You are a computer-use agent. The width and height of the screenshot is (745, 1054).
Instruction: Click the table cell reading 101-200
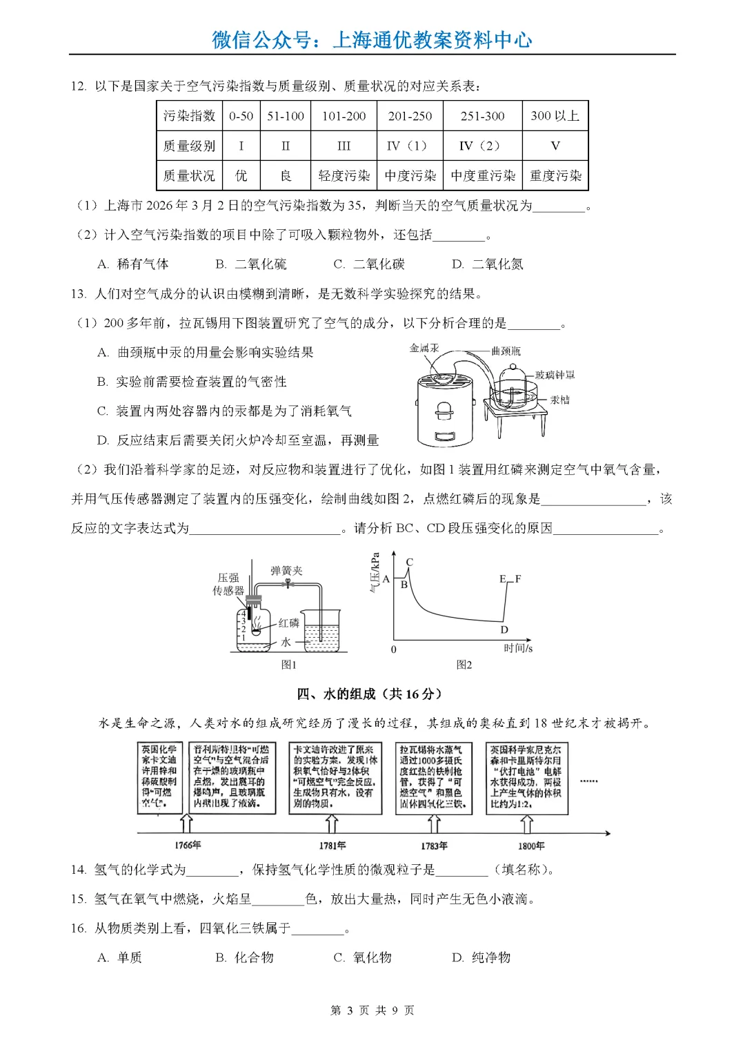click(344, 116)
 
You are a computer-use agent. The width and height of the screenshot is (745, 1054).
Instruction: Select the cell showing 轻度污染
click(344, 176)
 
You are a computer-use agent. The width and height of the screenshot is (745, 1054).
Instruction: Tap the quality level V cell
click(555, 146)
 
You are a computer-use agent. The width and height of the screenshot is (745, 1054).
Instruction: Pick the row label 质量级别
click(189, 146)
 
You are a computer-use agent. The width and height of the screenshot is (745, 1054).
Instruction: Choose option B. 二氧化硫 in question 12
click(251, 264)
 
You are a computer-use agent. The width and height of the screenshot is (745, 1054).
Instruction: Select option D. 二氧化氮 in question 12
click(488, 264)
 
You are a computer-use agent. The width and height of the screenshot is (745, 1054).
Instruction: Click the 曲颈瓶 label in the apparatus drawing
click(506, 351)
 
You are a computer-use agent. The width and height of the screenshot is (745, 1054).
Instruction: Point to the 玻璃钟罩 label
click(555, 375)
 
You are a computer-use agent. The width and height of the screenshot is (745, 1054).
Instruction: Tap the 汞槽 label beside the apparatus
click(559, 400)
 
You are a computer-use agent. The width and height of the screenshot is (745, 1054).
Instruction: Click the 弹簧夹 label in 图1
click(286, 571)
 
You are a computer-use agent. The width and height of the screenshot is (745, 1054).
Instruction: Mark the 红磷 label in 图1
click(289, 623)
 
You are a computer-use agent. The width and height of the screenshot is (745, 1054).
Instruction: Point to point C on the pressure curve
click(409, 562)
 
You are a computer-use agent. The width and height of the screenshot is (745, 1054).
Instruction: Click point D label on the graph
click(504, 630)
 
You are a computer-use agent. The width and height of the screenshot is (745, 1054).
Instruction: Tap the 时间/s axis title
click(518, 648)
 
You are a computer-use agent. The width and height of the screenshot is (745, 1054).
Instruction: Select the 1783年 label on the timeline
click(434, 846)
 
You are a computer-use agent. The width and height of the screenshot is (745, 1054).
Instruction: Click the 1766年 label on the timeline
click(188, 845)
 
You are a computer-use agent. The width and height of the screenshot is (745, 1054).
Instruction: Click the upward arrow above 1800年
click(527, 823)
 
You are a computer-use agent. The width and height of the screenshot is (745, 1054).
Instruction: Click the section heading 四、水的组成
click(369, 694)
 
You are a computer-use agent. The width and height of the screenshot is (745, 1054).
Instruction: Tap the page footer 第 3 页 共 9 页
click(372, 1011)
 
